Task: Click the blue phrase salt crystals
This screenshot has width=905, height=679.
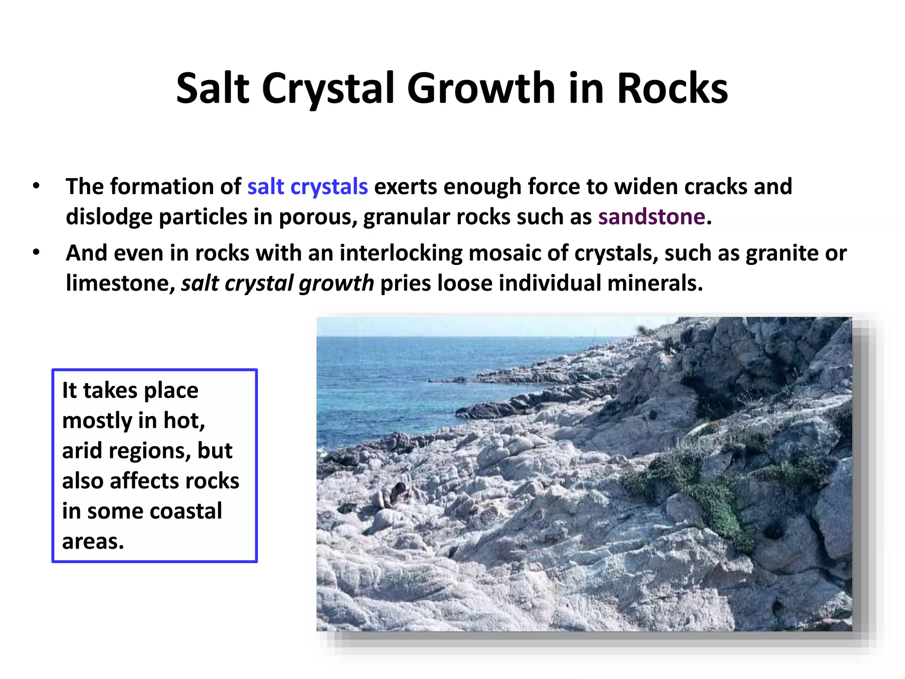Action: pos(307,187)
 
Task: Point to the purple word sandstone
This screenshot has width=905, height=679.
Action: pos(652,217)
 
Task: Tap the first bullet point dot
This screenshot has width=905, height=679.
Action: pos(36,186)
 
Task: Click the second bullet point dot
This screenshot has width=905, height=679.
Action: pos(36,252)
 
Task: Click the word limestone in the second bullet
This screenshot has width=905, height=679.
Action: pos(118,283)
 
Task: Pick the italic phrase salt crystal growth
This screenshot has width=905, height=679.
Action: pos(278,283)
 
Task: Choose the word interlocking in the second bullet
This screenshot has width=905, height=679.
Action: pos(400,253)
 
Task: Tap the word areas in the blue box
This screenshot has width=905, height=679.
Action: pos(92,542)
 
